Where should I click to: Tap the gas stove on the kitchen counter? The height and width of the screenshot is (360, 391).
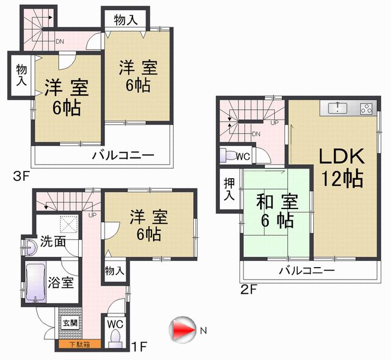[x=365, y=108]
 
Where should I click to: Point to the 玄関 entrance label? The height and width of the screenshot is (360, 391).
[x=69, y=324]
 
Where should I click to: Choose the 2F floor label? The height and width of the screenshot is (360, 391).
[x=249, y=288]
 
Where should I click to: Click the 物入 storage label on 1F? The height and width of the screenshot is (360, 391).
[x=115, y=270]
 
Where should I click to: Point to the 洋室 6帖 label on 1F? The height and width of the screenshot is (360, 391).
[x=145, y=226]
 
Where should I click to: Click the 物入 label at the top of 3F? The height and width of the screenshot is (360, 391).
[x=126, y=20]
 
